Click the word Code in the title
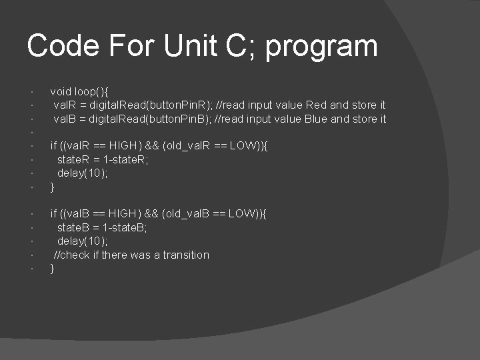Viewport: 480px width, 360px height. pyautogui.click(x=64, y=46)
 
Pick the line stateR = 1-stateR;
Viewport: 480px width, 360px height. pyautogui.click(x=103, y=159)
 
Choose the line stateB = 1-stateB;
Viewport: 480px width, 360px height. pyautogui.click(x=103, y=227)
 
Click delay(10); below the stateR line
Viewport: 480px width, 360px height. pyautogui.click(x=83, y=173)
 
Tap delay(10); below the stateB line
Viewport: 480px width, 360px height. pyautogui.click(x=83, y=241)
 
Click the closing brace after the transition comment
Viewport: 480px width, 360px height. pyautogui.click(x=53, y=269)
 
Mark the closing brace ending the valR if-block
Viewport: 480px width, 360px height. pyautogui.click(x=53, y=187)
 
